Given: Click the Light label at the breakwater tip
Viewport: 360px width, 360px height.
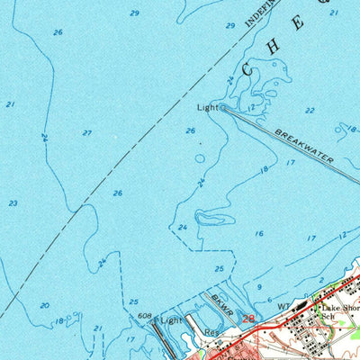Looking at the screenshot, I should coord(207,106).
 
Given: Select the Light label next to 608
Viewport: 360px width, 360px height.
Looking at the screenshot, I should coord(171,319).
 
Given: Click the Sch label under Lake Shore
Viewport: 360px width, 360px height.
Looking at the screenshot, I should coord(329,317).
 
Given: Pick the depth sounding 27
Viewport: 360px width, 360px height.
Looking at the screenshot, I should coord(87,133).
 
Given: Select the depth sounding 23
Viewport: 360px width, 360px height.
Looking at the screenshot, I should coord(13,203).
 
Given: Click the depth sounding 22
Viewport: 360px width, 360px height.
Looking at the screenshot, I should coord(310,111).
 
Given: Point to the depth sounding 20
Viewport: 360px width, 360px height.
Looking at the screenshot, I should coord(45,305).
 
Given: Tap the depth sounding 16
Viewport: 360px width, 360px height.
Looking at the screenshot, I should coord(259,234).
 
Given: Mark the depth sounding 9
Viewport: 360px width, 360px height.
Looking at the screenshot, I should coord(259,287).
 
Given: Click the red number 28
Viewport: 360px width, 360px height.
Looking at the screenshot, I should coord(249,317).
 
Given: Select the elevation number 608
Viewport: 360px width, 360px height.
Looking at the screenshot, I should coord(144,316).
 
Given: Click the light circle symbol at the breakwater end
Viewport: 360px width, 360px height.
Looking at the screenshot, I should coord(222,107).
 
